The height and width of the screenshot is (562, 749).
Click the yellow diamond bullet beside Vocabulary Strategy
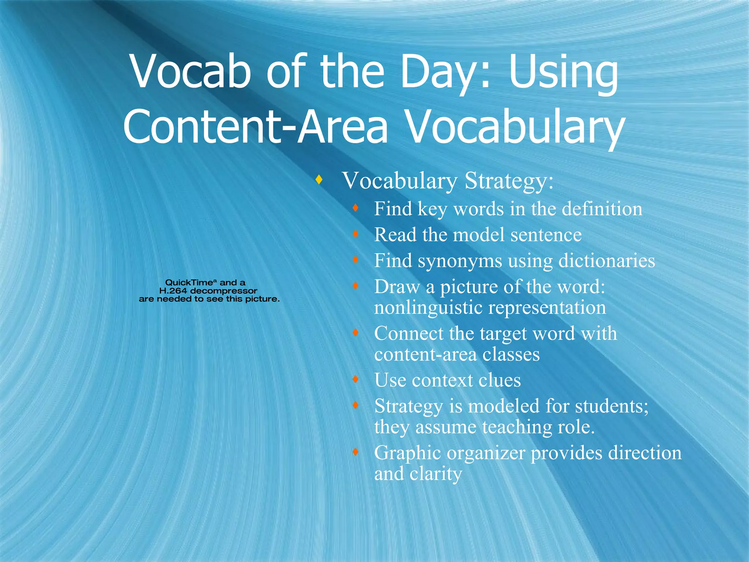pos(319,180)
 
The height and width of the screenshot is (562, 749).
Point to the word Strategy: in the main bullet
pos(509,181)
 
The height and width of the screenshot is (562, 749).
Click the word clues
pos(500,381)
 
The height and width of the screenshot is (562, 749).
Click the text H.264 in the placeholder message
pos(173,291)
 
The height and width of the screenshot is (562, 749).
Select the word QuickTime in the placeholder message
pos(189,282)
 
